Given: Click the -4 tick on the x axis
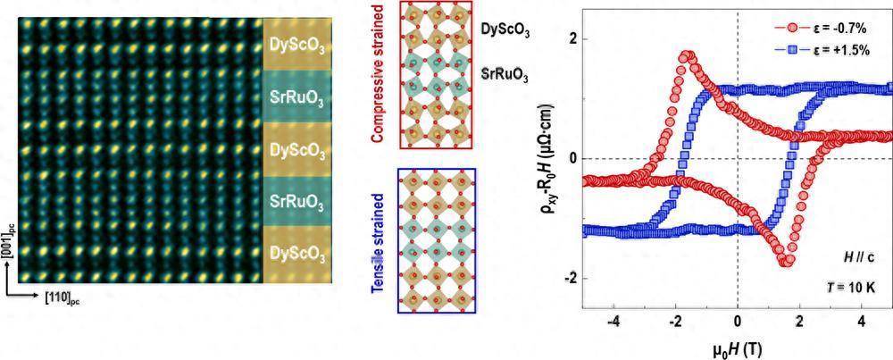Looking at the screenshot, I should pyautogui.click(x=611, y=321).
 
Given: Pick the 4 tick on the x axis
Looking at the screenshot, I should pyautogui.click(x=861, y=321).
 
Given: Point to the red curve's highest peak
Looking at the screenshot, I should pyautogui.click(x=687, y=56).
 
